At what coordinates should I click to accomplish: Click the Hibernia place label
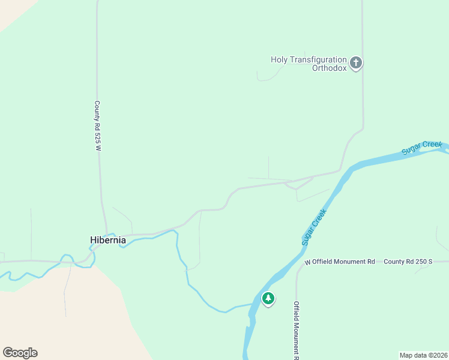tap(108, 240)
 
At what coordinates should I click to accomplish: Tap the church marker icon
tap(356, 62)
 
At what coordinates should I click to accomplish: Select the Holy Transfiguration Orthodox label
tap(309, 64)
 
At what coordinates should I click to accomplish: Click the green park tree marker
tap(268, 298)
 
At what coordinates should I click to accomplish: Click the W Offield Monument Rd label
tap(340, 262)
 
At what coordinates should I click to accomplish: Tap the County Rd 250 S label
tap(408, 262)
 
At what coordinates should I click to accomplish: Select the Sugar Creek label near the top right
tap(422, 148)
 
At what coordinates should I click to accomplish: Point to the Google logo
tap(20, 353)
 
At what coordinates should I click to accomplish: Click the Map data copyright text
tap(423, 355)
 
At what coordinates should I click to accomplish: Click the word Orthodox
tap(329, 68)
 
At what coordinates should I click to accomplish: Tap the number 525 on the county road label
tap(97, 136)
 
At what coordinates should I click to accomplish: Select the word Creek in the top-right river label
tap(432, 146)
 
